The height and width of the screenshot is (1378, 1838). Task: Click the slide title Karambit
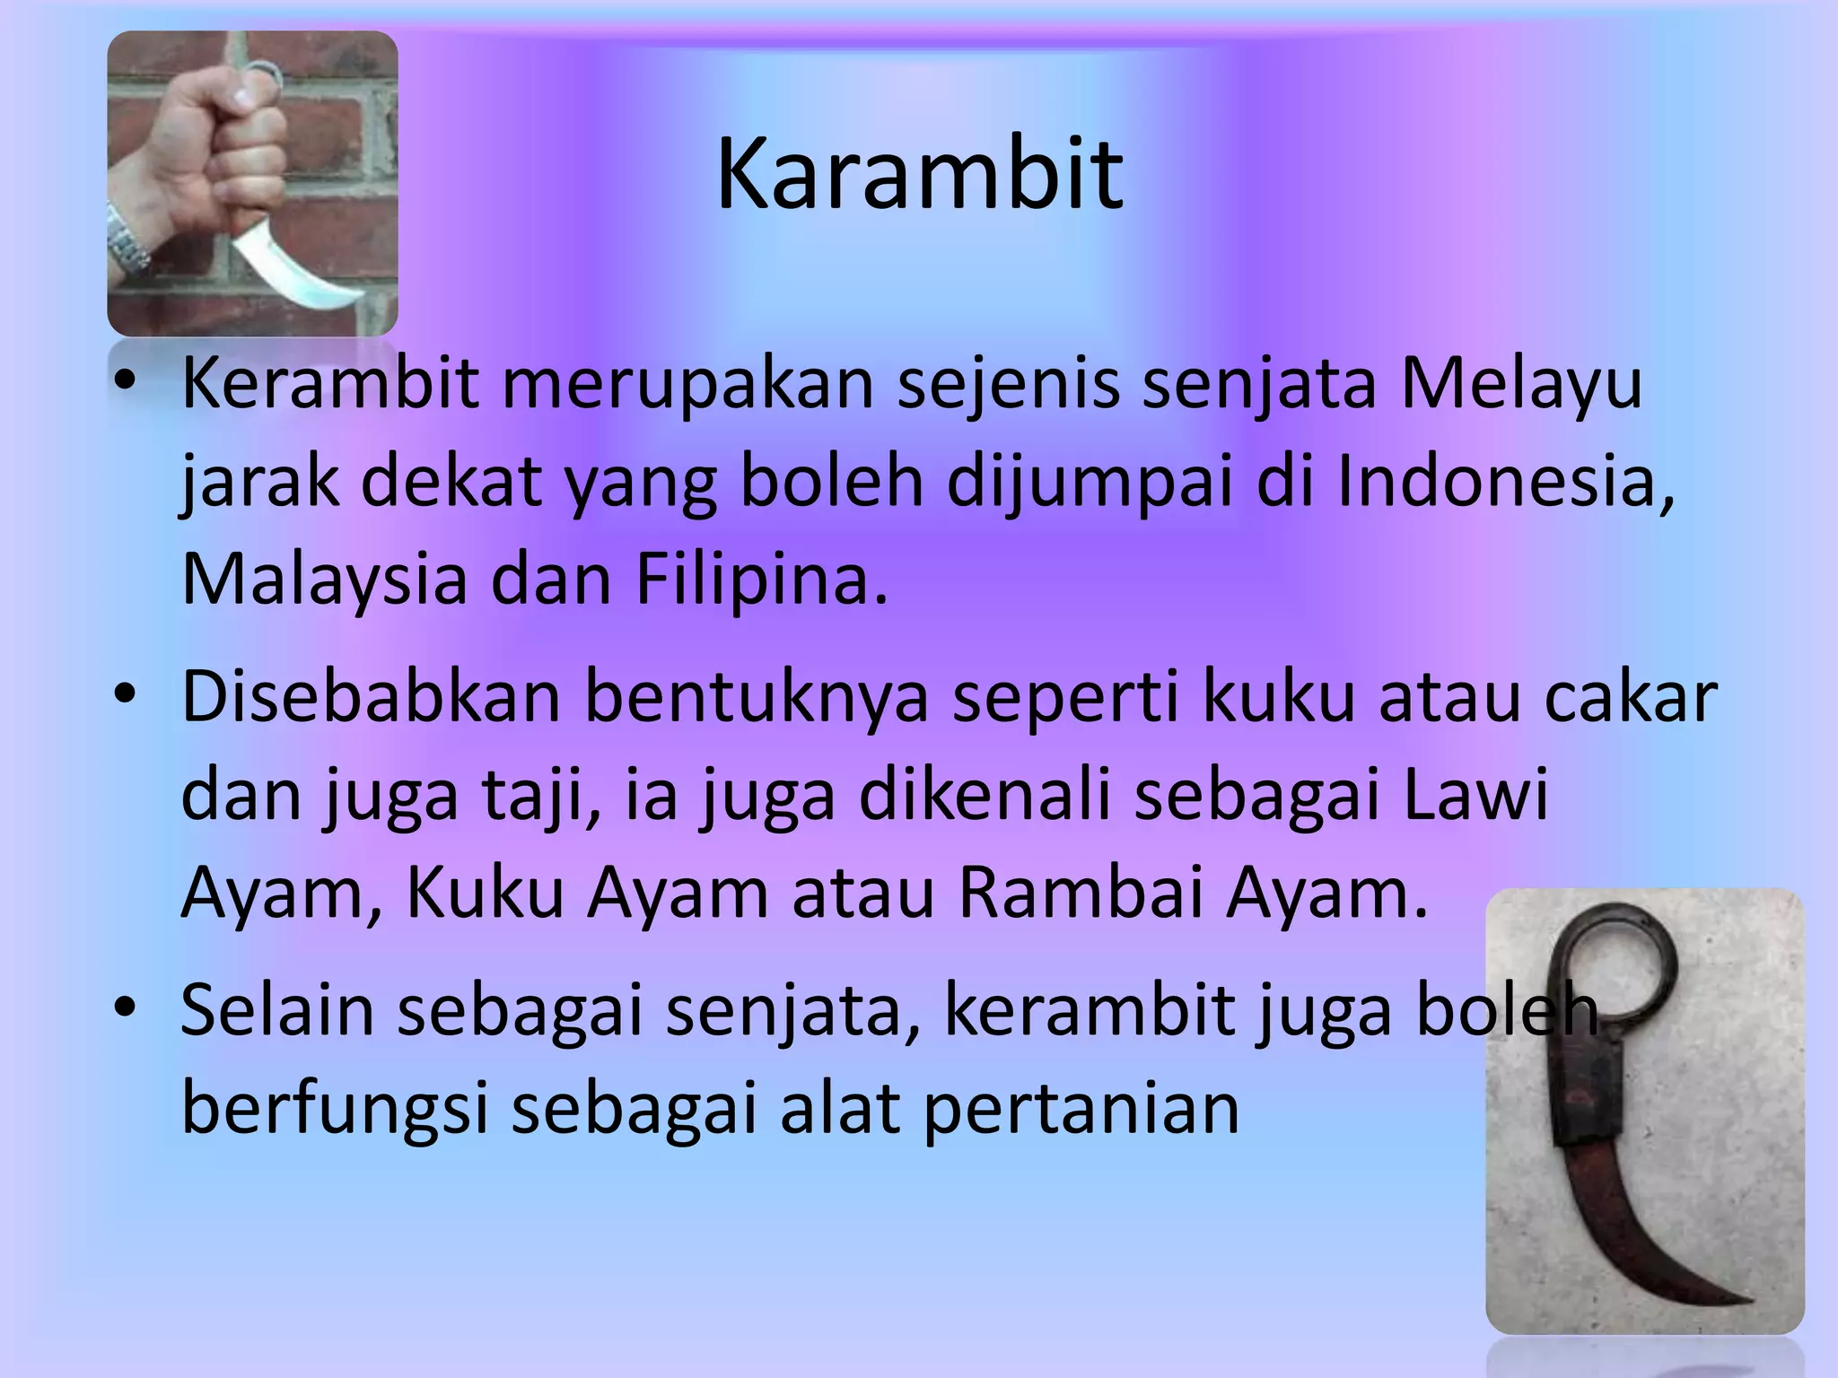(x=919, y=173)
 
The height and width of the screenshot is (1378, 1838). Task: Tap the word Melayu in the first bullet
(x=1521, y=383)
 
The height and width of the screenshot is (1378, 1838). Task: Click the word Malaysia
(x=324, y=579)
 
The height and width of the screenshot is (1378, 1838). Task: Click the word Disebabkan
(x=371, y=697)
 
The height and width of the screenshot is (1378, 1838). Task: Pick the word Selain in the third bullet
(x=276, y=1010)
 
